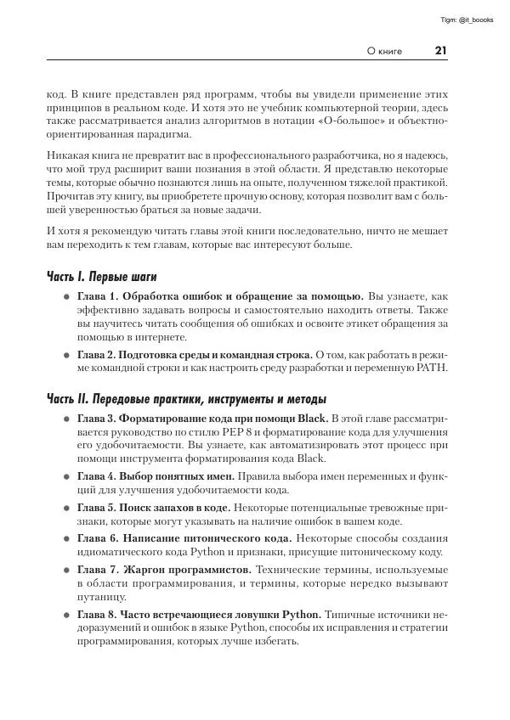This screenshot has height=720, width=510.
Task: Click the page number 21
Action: click(x=440, y=51)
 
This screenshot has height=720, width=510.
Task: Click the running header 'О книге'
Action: click(x=384, y=51)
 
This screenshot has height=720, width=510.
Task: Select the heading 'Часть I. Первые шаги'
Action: click(x=101, y=278)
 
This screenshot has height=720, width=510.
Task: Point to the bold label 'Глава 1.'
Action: click(x=99, y=296)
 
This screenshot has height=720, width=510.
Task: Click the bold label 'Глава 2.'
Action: click(x=99, y=353)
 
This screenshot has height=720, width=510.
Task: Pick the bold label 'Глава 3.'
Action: click(x=99, y=419)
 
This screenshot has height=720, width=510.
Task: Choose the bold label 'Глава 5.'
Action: click(x=99, y=507)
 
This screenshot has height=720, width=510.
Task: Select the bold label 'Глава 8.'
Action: click(x=99, y=614)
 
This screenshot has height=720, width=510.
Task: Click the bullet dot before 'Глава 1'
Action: click(x=65, y=297)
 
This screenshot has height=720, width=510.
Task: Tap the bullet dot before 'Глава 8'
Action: click(x=65, y=615)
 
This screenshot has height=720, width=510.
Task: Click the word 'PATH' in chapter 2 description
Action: click(x=431, y=368)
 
